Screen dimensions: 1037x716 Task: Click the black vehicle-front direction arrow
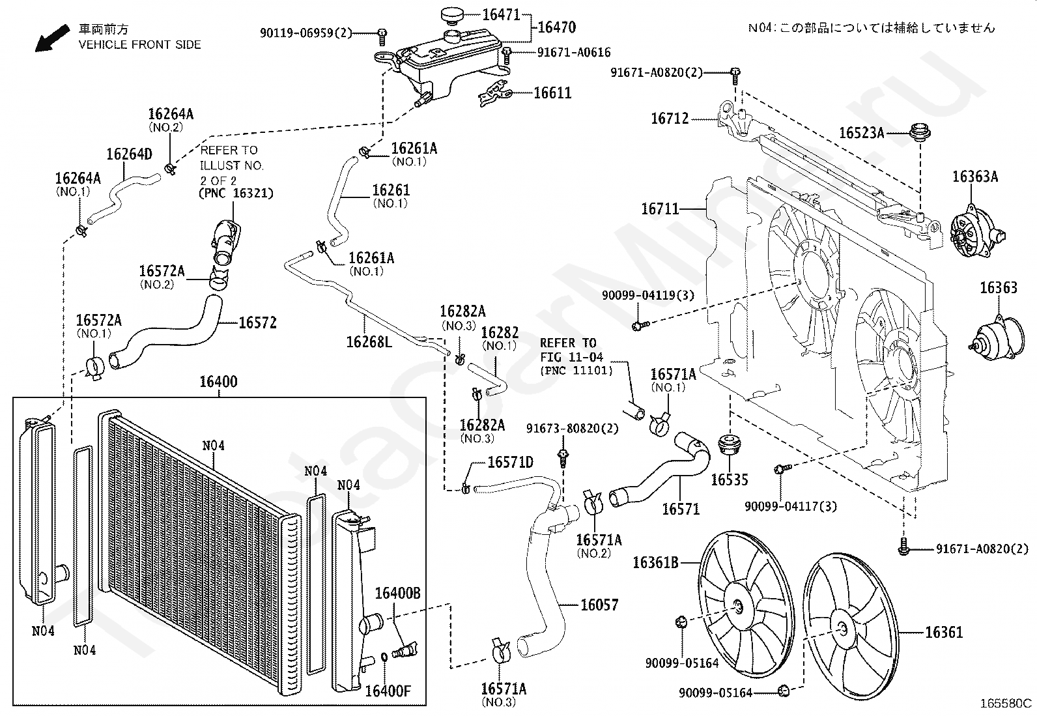click(52, 38)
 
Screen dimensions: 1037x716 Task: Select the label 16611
click(553, 93)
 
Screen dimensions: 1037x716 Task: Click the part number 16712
click(670, 119)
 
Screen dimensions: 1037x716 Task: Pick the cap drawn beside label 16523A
click(920, 132)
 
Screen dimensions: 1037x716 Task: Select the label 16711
click(660, 209)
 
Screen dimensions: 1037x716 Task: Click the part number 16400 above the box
click(218, 382)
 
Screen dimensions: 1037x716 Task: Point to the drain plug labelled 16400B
click(405, 650)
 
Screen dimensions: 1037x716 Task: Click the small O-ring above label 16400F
click(384, 657)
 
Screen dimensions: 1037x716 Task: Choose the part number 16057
click(599, 605)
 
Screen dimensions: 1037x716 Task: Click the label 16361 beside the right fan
click(944, 632)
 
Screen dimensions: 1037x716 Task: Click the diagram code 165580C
click(1006, 703)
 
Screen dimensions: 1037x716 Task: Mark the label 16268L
click(369, 342)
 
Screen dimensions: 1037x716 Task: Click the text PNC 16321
click(236, 193)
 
